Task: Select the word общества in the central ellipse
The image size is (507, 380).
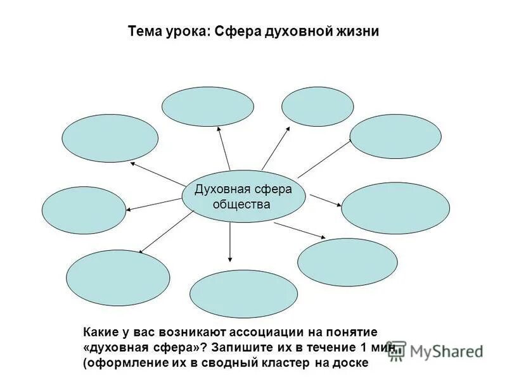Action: coord(241,204)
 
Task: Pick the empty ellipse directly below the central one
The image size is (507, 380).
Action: coord(243,294)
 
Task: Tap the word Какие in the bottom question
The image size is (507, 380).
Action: coord(101,332)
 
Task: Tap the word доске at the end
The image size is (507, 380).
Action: coord(350,364)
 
